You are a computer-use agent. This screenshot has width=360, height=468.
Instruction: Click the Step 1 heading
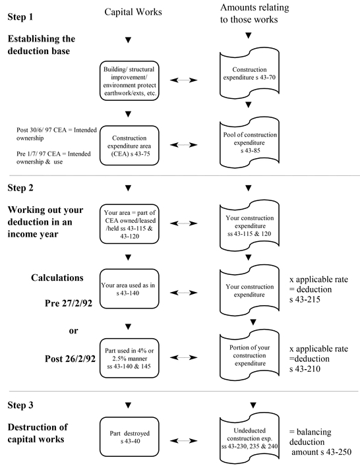coord(20,16)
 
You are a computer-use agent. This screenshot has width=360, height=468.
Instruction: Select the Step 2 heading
coord(20,188)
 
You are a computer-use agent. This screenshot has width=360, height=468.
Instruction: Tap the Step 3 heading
coord(20,405)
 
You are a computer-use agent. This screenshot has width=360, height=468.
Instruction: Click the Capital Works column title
coord(133,12)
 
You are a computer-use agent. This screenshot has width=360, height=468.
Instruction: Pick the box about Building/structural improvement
coord(129,81)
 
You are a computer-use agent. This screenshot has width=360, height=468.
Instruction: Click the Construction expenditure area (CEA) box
coord(129,146)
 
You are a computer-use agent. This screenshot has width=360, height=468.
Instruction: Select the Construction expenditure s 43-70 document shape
coord(249,74)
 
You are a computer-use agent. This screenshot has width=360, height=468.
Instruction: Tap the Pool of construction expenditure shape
coord(249,142)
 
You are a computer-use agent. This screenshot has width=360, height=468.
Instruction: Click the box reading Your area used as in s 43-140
coord(129,289)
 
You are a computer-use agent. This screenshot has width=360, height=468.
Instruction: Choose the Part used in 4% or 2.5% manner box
coord(129,358)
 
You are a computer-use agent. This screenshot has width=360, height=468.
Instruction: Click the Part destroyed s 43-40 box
coord(129,437)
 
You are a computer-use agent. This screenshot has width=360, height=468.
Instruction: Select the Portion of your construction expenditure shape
coord(249,356)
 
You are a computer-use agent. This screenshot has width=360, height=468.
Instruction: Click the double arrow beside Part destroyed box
coord(183,440)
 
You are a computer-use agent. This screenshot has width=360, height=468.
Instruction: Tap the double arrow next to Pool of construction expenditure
coord(183,145)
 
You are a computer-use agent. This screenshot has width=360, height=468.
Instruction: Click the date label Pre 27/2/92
coord(69,303)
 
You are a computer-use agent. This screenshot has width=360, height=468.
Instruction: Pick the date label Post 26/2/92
coord(70,359)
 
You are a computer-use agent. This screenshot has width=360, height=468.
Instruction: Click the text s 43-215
coord(305,299)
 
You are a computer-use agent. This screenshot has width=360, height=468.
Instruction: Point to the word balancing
coord(314,432)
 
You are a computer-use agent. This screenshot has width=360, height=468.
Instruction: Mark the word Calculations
coord(57,278)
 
